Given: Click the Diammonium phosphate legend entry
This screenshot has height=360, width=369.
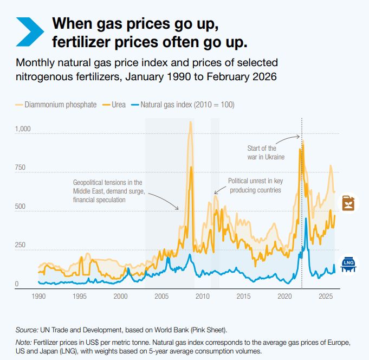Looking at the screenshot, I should pyautogui.click(x=60, y=105).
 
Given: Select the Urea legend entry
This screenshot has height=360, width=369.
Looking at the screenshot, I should pyautogui.click(x=119, y=105).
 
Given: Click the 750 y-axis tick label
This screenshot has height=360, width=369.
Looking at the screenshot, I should pyautogui.click(x=21, y=168).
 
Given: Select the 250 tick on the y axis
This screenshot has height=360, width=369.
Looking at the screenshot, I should pyautogui.click(x=21, y=245).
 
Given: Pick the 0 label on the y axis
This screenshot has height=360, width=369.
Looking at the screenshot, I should pyautogui.click(x=17, y=284).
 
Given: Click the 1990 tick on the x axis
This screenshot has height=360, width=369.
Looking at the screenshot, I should pyautogui.click(x=38, y=297).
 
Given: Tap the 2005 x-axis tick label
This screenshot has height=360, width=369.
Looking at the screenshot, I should pyautogui.click(x=161, y=297).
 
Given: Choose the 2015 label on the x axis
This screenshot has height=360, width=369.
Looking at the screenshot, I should pyautogui.click(x=243, y=297).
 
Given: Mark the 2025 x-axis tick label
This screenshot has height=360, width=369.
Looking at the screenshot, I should pyautogui.click(x=326, y=297).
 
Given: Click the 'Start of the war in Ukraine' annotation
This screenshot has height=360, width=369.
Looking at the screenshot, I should pyautogui.click(x=262, y=152).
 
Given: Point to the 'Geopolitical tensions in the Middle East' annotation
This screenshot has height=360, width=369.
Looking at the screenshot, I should pyautogui.click(x=108, y=191).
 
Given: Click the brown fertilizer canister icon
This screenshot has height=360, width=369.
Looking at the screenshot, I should pyautogui.click(x=348, y=203).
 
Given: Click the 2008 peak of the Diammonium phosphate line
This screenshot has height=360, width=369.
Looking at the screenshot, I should pyautogui.click(x=190, y=122).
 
